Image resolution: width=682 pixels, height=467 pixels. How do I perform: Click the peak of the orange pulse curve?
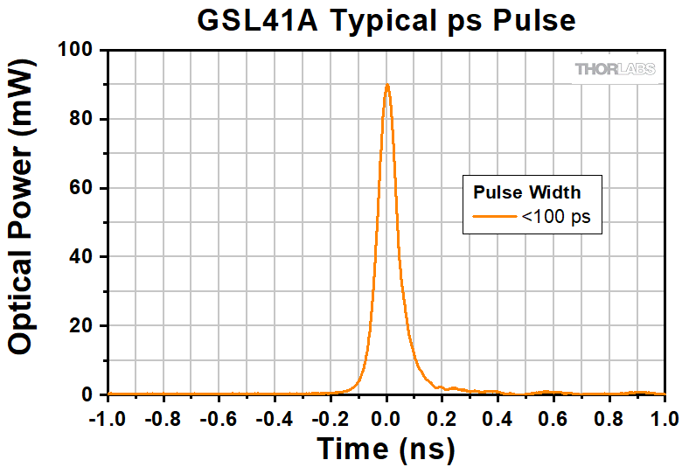tap(386, 85)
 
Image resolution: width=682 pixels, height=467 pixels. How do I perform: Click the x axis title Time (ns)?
tap(386, 449)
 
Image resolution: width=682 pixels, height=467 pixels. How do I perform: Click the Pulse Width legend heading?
tap(527, 192)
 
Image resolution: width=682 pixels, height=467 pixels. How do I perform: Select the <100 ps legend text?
tap(556, 217)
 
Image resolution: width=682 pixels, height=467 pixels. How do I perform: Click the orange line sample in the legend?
tap(495, 217)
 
